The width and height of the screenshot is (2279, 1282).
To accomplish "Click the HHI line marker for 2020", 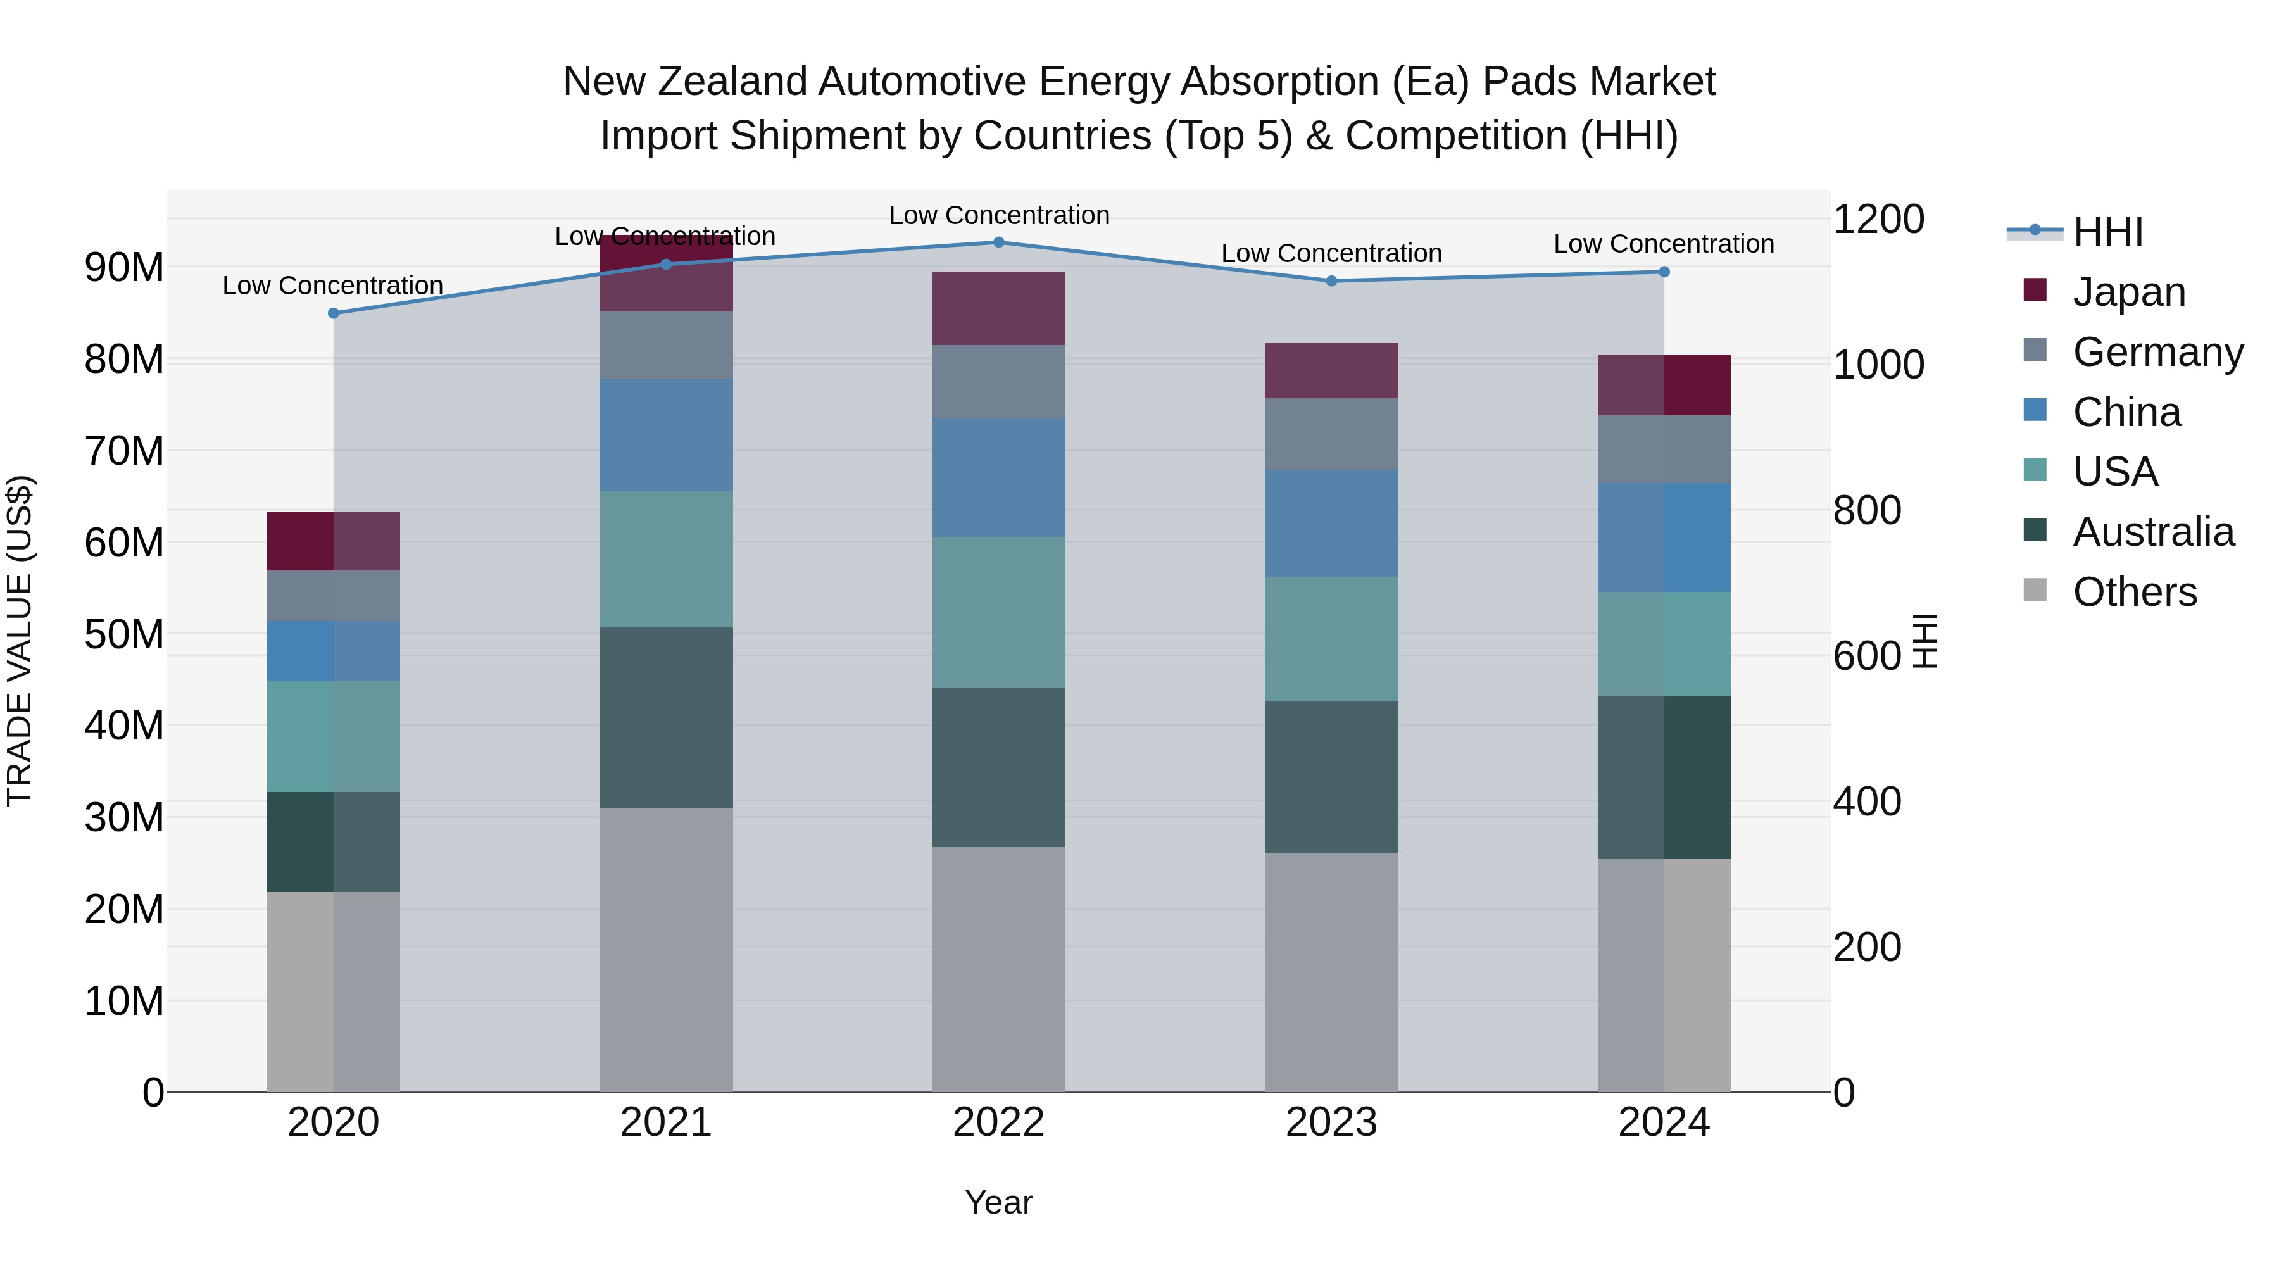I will (334, 313).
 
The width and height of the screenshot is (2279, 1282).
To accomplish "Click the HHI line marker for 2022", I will (999, 242).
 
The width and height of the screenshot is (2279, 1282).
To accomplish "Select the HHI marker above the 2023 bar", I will (1331, 281).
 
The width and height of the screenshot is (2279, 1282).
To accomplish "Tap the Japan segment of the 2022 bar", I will (999, 308).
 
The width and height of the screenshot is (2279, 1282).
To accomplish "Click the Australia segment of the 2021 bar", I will (666, 717).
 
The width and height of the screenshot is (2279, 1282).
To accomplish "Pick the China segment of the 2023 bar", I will (1331, 524).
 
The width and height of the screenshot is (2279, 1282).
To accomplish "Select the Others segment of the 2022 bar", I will (999, 969).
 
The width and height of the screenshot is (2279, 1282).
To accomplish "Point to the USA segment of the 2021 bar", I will (666, 559).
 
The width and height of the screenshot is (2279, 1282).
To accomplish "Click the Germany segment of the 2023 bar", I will (1331, 434).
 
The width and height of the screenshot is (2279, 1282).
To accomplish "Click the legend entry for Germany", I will (2157, 352).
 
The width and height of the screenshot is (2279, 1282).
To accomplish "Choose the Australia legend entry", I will (2152, 532).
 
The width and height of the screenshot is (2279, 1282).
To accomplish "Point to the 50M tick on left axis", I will (124, 634).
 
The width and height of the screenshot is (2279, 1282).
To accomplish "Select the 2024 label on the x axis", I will (1663, 1122).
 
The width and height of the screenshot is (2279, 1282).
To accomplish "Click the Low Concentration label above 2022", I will (999, 215).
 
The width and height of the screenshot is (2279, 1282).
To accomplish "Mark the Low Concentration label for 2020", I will (332, 286).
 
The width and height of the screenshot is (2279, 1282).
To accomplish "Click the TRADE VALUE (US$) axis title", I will (20, 641).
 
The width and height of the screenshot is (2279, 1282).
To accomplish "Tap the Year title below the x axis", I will (999, 1202).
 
